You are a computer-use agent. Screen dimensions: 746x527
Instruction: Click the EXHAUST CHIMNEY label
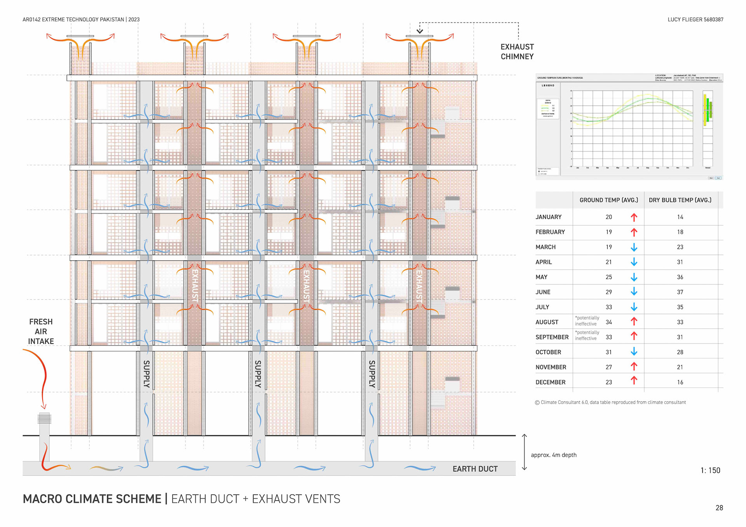click(517, 52)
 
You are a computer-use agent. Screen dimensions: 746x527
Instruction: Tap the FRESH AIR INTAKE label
click(41, 331)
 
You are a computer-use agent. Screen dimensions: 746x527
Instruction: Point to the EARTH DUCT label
click(475, 469)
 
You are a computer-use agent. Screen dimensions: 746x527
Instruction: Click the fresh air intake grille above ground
click(44, 418)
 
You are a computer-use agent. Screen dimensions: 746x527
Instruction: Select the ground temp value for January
click(608, 217)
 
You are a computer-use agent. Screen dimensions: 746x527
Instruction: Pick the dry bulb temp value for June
click(680, 292)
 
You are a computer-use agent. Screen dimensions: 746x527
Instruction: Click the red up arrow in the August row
click(634, 322)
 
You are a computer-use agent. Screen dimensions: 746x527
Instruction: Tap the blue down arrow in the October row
click(634, 351)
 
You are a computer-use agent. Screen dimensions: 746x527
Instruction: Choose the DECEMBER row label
click(550, 382)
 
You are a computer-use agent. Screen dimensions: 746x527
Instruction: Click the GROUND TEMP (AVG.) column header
click(608, 200)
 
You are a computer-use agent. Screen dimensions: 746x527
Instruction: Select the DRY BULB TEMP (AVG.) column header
click(680, 200)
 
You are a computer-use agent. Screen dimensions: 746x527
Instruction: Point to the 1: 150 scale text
click(710, 470)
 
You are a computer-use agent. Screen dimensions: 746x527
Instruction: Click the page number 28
click(719, 508)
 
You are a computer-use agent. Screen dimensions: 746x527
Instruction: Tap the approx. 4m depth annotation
click(553, 455)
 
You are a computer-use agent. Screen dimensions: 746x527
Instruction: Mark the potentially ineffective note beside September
click(587, 336)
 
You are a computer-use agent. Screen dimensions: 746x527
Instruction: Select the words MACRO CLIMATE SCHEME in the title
click(92, 499)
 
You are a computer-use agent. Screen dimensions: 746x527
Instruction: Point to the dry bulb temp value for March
click(680, 247)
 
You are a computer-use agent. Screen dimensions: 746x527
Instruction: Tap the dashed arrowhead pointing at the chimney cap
click(420, 31)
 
